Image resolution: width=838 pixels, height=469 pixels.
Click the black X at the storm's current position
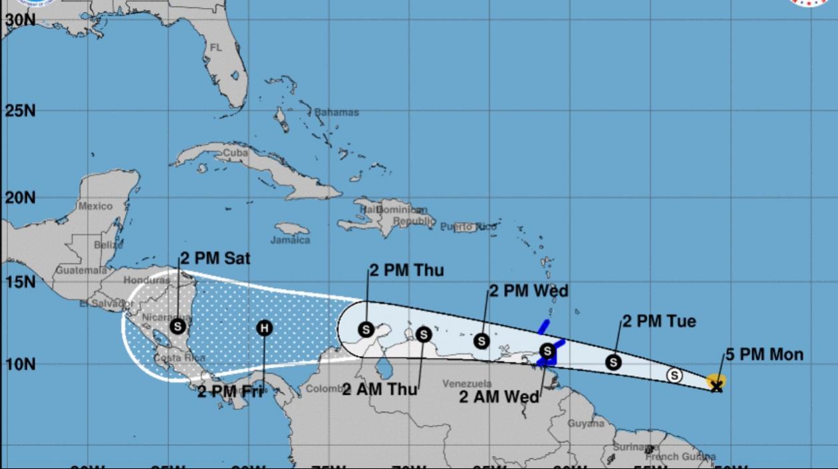[716, 386]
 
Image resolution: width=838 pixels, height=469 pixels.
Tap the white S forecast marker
[674, 375]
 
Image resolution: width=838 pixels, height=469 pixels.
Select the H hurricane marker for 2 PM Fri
[265, 327]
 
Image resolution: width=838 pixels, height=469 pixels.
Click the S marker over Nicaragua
[177, 326]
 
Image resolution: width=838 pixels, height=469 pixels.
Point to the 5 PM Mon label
[764, 355]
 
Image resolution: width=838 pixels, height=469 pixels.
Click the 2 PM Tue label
[659, 321]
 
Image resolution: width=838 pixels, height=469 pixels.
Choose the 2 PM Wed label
[529, 291]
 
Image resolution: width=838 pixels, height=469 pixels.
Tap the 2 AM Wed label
[499, 396]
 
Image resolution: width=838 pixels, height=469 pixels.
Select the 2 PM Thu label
[406, 270]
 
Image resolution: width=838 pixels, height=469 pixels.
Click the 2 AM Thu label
[380, 389]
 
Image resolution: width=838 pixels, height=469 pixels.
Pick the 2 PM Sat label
[214, 259]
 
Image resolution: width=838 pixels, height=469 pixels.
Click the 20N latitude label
[21, 198]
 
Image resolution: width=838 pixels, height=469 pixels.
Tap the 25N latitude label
[21, 110]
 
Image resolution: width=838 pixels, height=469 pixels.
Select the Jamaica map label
[291, 240]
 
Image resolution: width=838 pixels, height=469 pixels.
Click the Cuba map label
[235, 152]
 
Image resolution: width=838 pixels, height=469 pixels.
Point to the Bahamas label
[336, 112]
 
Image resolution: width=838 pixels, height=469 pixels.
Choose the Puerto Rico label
[468, 227]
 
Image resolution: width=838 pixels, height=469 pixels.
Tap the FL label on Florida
[216, 48]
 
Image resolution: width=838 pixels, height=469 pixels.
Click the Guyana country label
[586, 423]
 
